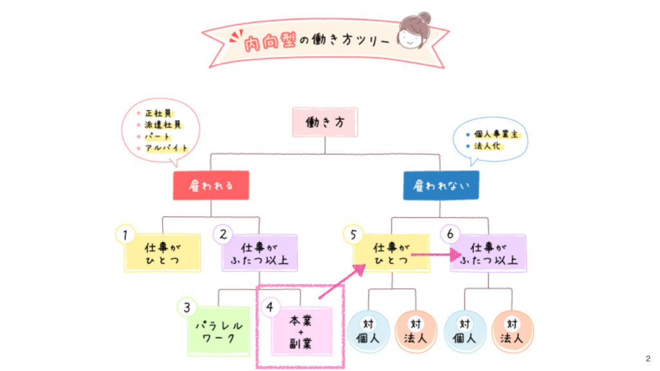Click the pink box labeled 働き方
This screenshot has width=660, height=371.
click(x=324, y=122)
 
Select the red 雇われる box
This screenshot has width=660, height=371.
click(x=211, y=185)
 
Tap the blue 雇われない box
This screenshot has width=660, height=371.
click(x=441, y=185)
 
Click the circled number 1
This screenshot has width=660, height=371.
click(x=124, y=234)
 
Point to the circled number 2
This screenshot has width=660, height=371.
click(x=223, y=234)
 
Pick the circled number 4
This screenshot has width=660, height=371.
click(x=270, y=307)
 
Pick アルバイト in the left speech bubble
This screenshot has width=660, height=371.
click(x=167, y=148)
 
